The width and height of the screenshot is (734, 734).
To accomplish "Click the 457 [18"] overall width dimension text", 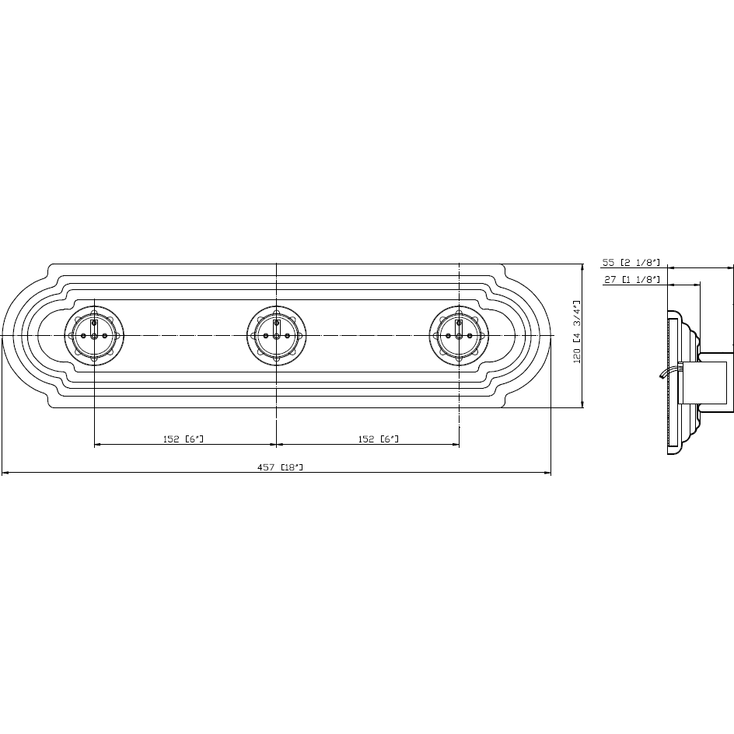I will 280,467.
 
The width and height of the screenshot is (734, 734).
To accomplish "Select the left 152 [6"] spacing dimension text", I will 183,439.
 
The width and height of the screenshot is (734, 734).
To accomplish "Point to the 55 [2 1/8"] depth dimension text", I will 631,262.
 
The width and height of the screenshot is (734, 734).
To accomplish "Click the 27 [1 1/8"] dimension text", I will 631,279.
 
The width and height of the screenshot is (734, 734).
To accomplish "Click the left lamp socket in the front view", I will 94,335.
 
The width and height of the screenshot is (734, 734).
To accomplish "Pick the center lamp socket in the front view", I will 276,335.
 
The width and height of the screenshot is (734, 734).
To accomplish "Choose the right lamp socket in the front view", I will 459,335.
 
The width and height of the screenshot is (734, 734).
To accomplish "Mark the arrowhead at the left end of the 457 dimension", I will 5,472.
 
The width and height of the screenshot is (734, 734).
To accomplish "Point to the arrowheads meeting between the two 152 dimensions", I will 276,445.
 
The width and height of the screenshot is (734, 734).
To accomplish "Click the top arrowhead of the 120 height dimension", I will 582,267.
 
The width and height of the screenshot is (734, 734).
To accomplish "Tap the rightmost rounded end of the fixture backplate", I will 549,335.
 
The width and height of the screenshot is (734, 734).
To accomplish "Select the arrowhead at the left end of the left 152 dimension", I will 97,445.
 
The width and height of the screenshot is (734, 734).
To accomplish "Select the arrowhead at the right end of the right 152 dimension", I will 456,445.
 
